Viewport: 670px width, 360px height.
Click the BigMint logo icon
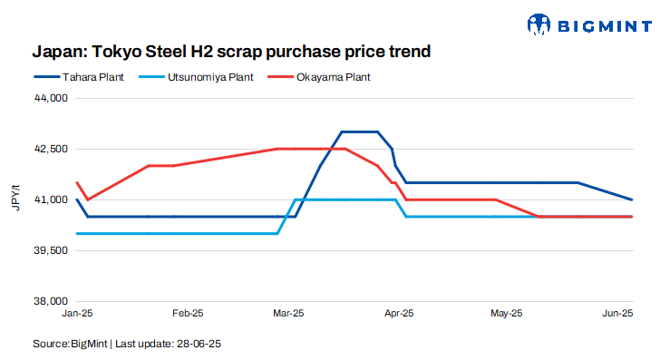coord(539,24)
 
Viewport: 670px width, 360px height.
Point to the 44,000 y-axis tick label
coord(52,97)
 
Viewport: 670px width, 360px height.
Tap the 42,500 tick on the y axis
coord(52,148)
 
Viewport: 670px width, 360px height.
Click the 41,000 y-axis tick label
coord(52,199)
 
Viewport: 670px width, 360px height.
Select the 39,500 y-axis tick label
coord(52,249)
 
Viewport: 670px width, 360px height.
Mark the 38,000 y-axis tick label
coord(52,300)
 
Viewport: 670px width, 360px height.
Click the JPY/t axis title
coord(15,199)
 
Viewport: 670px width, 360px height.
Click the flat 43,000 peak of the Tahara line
coord(359,131)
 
